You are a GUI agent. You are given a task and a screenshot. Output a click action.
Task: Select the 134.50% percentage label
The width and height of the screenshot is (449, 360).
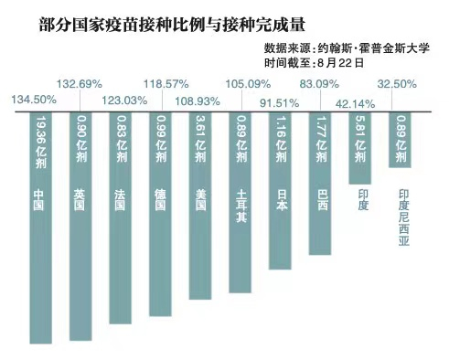[33, 100]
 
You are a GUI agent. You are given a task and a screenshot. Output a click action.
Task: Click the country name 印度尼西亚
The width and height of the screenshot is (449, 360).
[404, 218]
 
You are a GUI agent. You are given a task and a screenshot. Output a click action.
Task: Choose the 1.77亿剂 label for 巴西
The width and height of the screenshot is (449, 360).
[321, 139]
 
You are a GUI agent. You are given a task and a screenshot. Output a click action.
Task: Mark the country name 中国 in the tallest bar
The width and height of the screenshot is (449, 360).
[38, 200]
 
